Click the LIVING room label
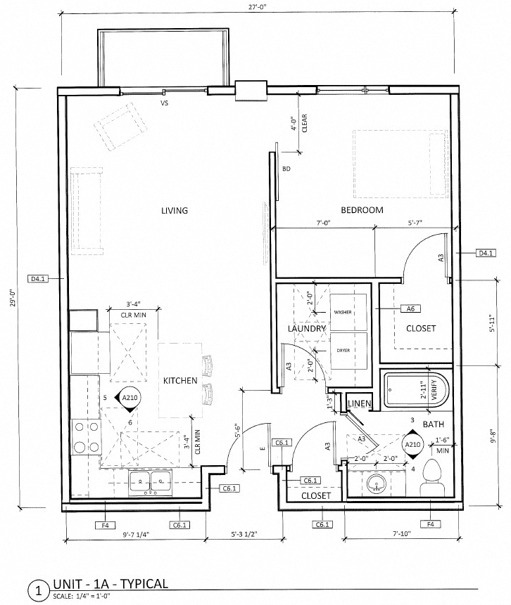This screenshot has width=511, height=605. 175,211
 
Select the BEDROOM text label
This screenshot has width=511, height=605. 362,210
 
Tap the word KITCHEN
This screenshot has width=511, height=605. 180,381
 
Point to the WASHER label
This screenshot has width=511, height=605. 343,312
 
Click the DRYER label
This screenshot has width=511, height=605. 343,350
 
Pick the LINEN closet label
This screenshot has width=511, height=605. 360,403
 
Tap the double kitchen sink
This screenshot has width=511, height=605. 149,482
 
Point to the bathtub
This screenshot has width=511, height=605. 415,390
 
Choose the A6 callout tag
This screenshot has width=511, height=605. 409,308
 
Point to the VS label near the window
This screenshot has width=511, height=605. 165,103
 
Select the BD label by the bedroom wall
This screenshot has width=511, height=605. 286,169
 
